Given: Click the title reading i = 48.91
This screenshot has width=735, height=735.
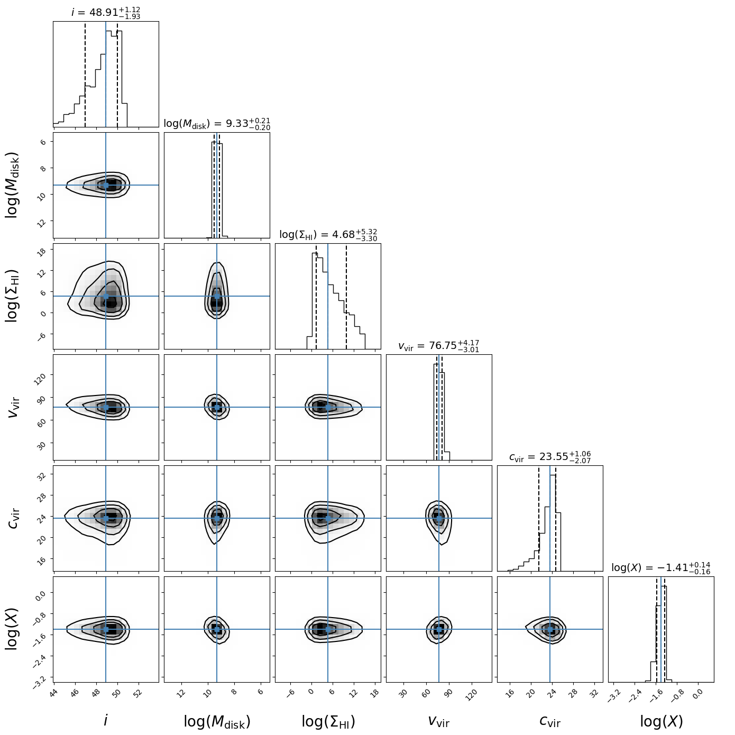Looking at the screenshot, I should click(x=106, y=12).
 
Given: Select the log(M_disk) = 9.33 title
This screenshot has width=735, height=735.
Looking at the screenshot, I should click(x=217, y=124).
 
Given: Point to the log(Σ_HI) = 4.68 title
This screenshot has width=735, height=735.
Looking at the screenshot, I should click(x=328, y=235).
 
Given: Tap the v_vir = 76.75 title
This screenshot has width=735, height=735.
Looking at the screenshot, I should click(x=438, y=346).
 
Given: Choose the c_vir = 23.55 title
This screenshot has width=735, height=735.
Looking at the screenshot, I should click(x=550, y=457).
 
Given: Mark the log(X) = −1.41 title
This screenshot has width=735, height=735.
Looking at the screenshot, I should click(x=661, y=568).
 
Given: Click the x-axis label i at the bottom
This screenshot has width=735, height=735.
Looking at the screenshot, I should click(x=106, y=721).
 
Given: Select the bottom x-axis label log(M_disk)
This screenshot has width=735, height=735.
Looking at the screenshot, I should click(x=217, y=721).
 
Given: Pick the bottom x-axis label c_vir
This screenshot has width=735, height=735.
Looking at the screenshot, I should click(x=550, y=721).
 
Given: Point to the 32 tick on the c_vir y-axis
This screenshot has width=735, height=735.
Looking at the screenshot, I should click(x=42, y=475).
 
